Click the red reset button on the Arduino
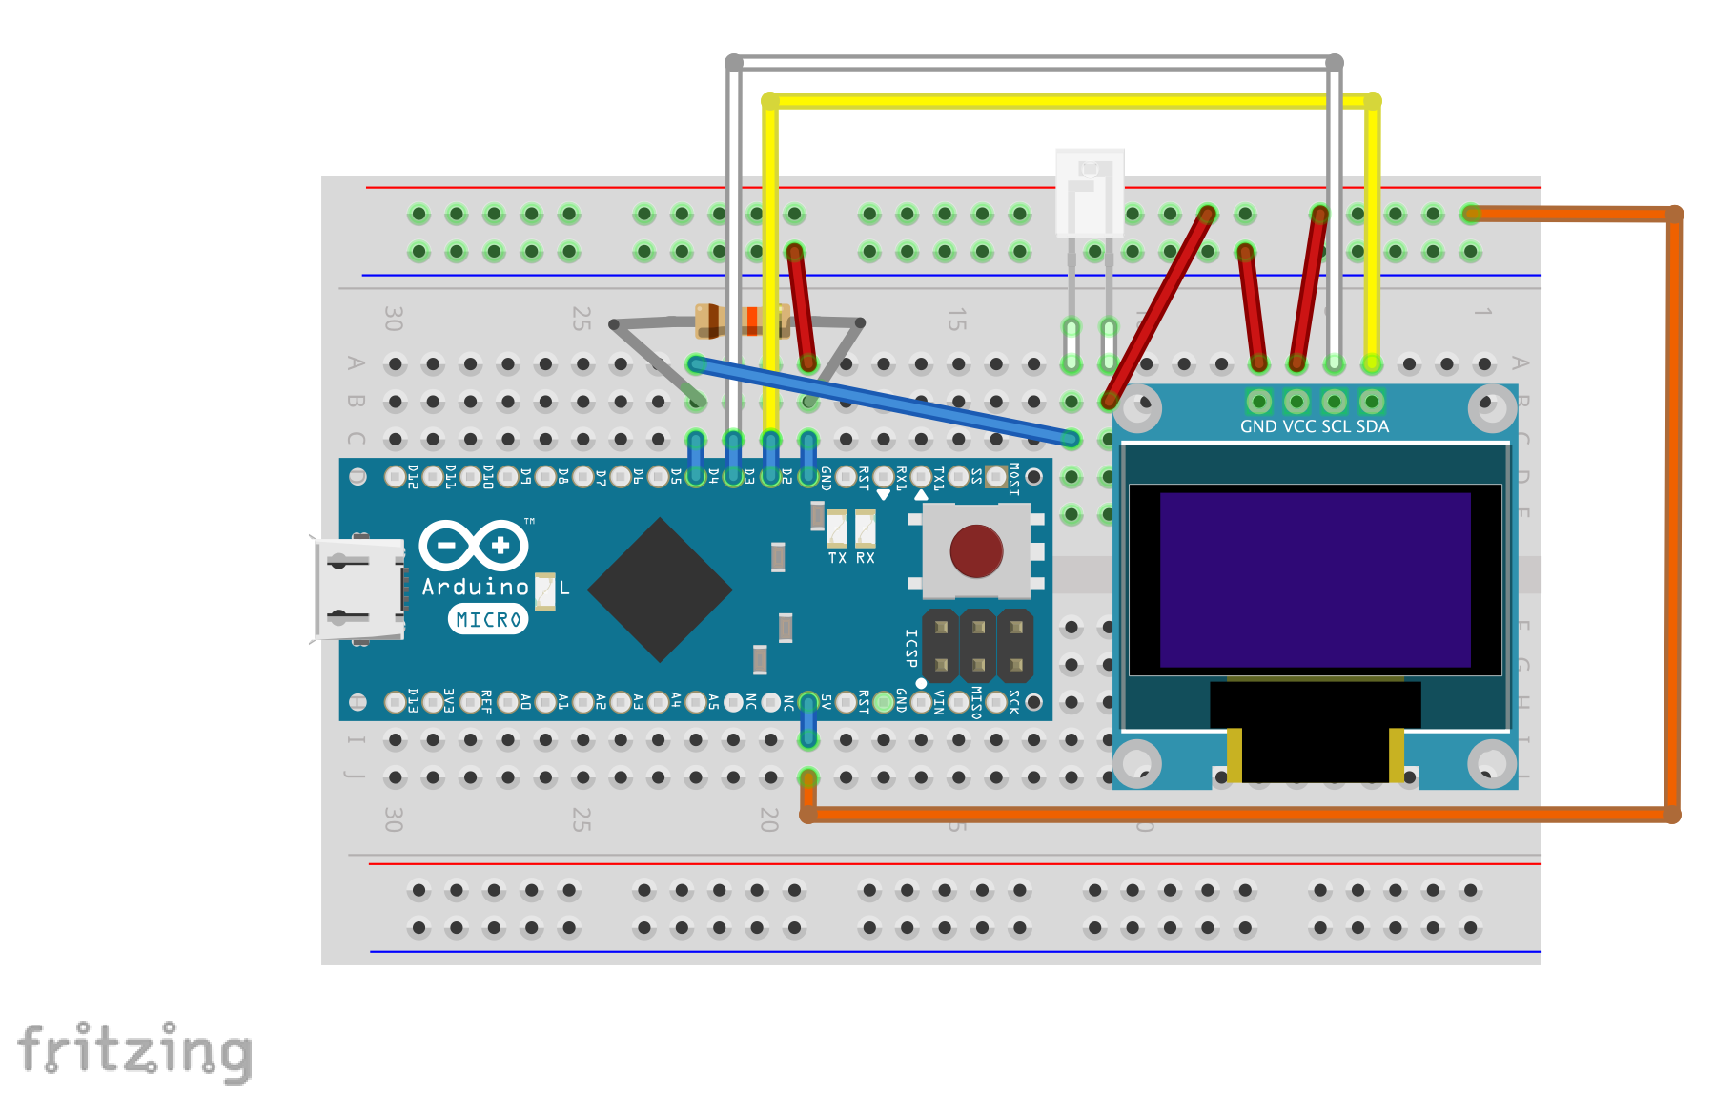(x=976, y=551)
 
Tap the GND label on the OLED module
(x=1258, y=426)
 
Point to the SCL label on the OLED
(x=1337, y=426)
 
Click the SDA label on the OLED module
(x=1373, y=426)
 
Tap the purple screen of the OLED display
(x=1315, y=579)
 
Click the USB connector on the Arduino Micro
(x=359, y=590)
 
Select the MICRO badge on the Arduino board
(x=488, y=619)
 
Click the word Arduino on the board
(x=475, y=587)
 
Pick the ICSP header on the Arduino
(x=978, y=645)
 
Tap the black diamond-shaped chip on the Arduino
(x=660, y=590)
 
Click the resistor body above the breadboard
(x=741, y=321)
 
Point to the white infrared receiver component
(x=1090, y=193)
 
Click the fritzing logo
(x=135, y=1051)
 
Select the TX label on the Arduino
(x=837, y=558)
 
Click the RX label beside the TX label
(x=866, y=558)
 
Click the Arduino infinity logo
(x=474, y=546)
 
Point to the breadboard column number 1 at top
(x=1482, y=312)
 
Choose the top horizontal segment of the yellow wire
(x=1068, y=100)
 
